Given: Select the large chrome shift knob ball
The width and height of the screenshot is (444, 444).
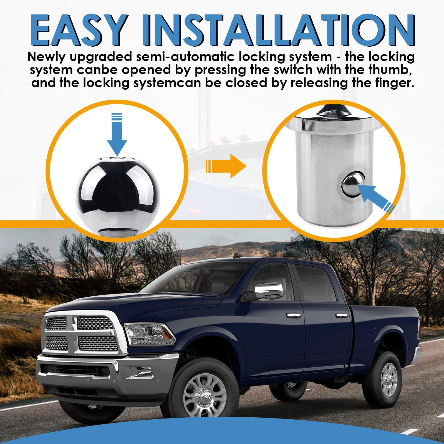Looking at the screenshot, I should [x=119, y=191].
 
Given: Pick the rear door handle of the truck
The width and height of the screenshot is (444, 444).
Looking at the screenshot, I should [x=341, y=315].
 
